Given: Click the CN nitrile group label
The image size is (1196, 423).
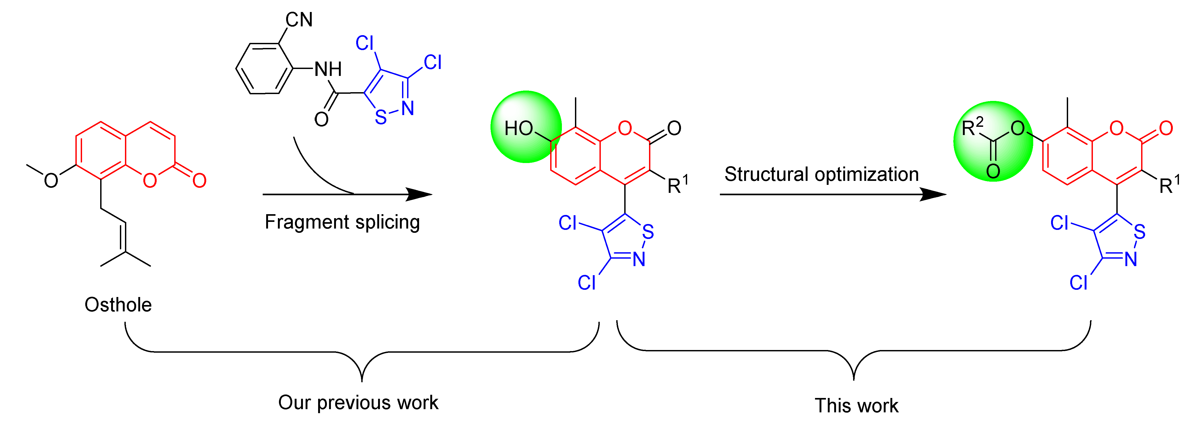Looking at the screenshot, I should (299, 20).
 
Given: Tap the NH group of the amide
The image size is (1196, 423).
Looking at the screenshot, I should (328, 70).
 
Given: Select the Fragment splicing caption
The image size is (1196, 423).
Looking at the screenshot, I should (342, 222).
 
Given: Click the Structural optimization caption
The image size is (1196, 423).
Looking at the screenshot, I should (821, 174).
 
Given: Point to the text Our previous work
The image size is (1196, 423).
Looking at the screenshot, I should (358, 402).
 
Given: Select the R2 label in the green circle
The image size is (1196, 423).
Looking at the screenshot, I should (972, 127).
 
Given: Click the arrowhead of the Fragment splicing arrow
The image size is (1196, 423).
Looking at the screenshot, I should (420, 194).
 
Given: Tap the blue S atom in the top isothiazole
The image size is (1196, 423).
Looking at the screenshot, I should (381, 117).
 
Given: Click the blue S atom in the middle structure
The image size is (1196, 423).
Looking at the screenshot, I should (648, 232).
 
